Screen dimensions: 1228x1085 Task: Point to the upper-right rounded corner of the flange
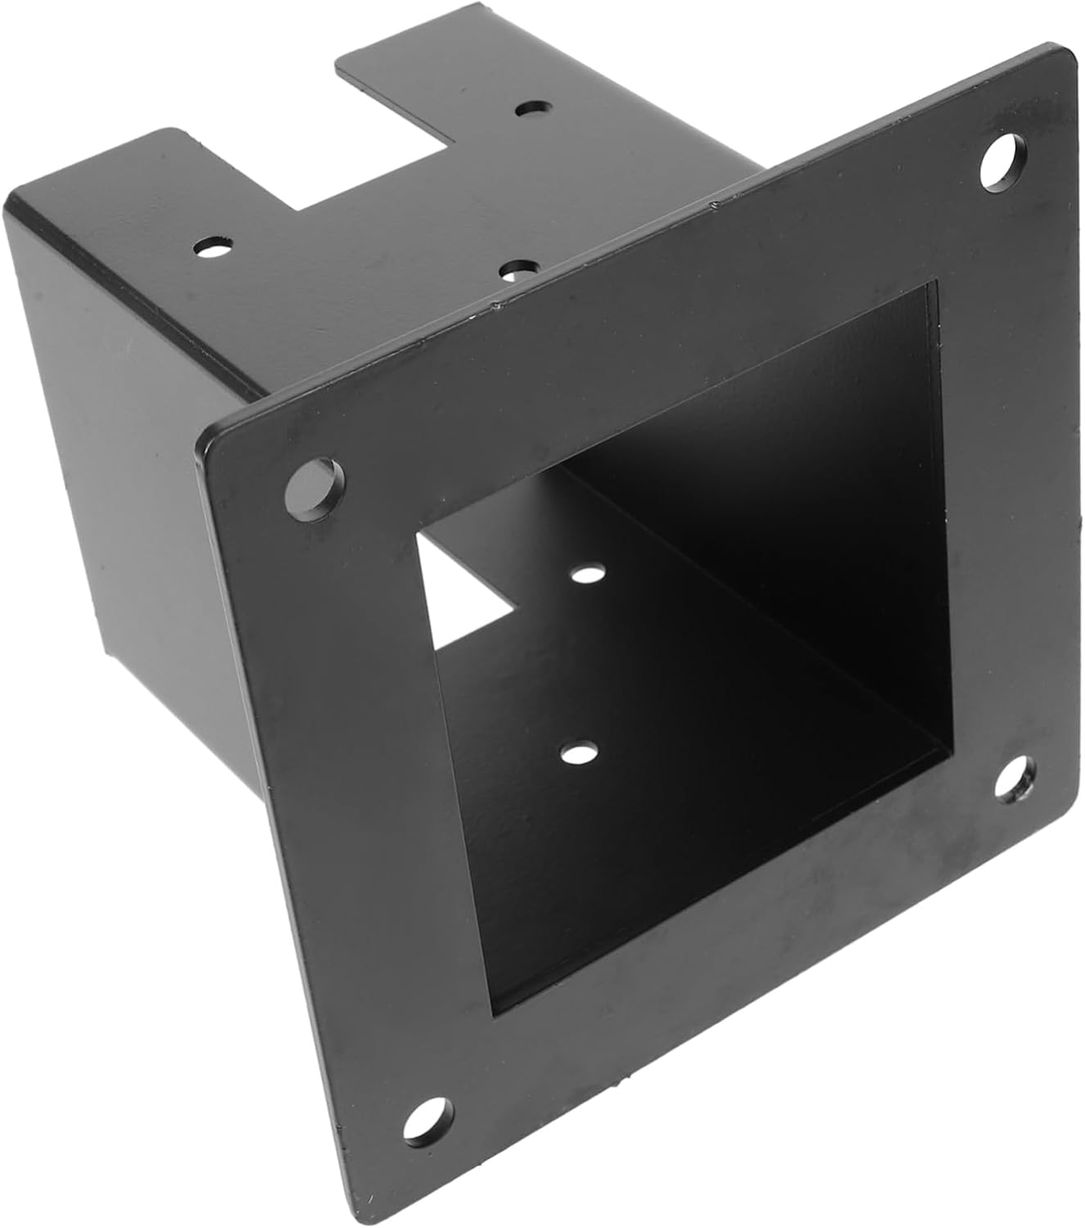point(1065,56)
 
